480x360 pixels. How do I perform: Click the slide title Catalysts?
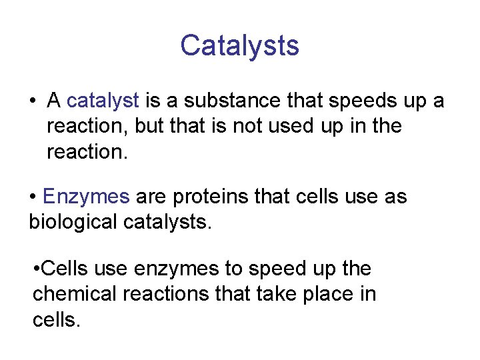pyautogui.click(x=239, y=45)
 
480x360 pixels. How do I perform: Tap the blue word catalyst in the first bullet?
pyautogui.click(x=103, y=101)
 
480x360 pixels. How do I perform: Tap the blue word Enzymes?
pyautogui.click(x=86, y=197)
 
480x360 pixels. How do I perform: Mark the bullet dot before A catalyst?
pyautogui.click(x=32, y=101)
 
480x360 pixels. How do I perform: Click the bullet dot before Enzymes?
pyautogui.click(x=33, y=197)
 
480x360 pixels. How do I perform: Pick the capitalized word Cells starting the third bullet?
pyautogui.click(x=65, y=269)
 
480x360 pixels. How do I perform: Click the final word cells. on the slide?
pyautogui.click(x=57, y=319)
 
